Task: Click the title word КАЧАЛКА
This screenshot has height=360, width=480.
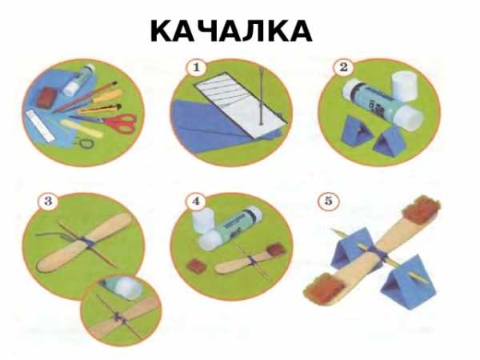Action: pos(231,31)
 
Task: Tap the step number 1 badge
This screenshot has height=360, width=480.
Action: pos(196,68)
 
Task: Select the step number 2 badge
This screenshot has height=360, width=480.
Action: pos(343,67)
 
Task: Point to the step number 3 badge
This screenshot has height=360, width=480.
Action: pos(48,202)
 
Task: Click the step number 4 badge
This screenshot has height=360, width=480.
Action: pos(196,202)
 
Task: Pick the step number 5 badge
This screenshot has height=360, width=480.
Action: pos(328,202)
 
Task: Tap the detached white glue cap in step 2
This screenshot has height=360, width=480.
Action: pos(405,86)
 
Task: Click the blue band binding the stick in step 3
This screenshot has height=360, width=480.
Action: pos(83,242)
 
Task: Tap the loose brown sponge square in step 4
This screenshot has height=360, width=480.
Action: pos(196,266)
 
